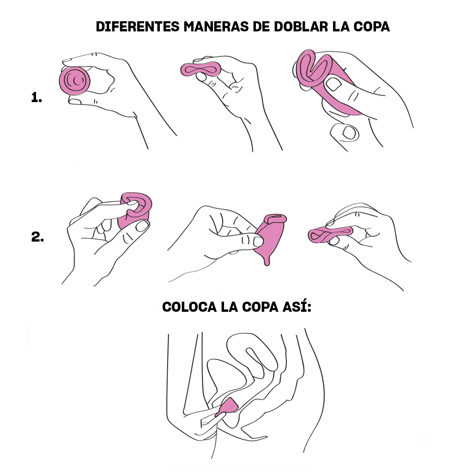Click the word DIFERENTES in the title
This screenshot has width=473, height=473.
click(x=138, y=26)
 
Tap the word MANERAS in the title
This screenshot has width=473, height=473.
click(x=216, y=26)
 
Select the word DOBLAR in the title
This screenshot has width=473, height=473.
click(x=301, y=26)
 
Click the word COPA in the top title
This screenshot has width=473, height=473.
click(x=371, y=26)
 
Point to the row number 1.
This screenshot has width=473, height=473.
click(x=36, y=97)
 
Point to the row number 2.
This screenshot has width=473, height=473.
click(x=37, y=237)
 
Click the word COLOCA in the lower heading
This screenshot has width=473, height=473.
click(x=189, y=307)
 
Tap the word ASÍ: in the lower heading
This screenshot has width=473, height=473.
click(x=297, y=307)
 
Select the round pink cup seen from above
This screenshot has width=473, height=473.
click(x=74, y=81)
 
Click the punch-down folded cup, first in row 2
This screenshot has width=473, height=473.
click(x=135, y=209)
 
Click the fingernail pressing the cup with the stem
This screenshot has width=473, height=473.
click(x=258, y=241)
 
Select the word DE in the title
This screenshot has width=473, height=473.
click(x=261, y=26)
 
